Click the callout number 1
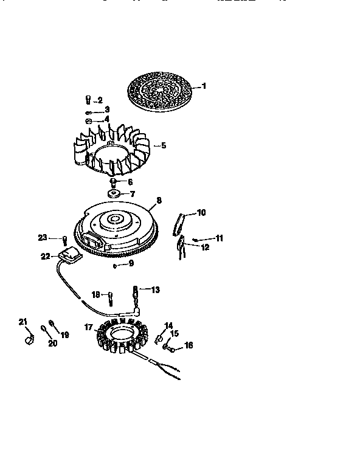tap(204, 86)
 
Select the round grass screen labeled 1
tap(159, 91)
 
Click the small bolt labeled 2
tap(89, 100)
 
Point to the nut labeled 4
tap(88, 120)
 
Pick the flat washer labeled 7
tap(112, 194)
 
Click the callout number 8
tap(159, 199)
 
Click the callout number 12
tap(205, 247)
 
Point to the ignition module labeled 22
tap(68, 257)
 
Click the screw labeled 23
tap(64, 239)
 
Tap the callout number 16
tap(189, 345)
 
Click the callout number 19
tap(65, 334)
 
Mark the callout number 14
tap(168, 325)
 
